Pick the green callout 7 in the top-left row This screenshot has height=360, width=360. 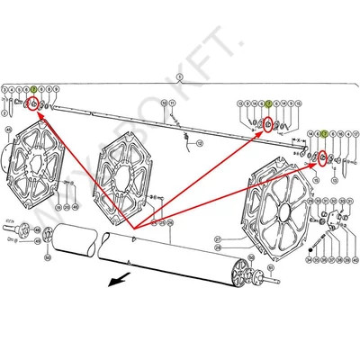pyautogui.click(x=32, y=91)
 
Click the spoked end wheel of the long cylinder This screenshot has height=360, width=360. pyautogui.click(x=239, y=273)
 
